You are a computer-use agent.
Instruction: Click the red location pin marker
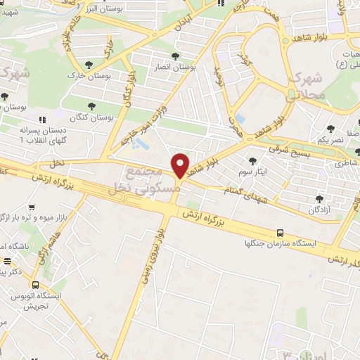coord(181,165)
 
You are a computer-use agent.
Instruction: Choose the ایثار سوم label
coord(253,172)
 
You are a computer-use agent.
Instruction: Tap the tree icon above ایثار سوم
coord(252,162)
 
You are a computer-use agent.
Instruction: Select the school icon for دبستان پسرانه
coord(43,120)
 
